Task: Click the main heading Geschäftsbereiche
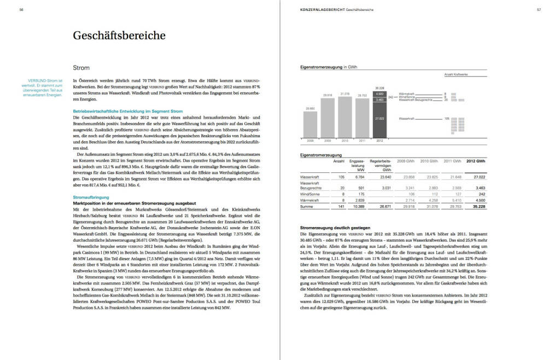coord(119,36)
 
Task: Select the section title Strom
coord(81,68)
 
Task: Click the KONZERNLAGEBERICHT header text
coord(322,9)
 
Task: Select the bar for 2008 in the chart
coord(310,125)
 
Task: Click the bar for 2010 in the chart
coord(345,118)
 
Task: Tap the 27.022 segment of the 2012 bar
coord(380,119)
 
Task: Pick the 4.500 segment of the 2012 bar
coord(380,94)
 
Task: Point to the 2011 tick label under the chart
coord(362,141)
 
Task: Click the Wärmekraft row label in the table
coord(311,200)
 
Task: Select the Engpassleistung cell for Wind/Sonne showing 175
coord(360,193)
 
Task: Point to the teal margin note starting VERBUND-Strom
coord(45,88)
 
